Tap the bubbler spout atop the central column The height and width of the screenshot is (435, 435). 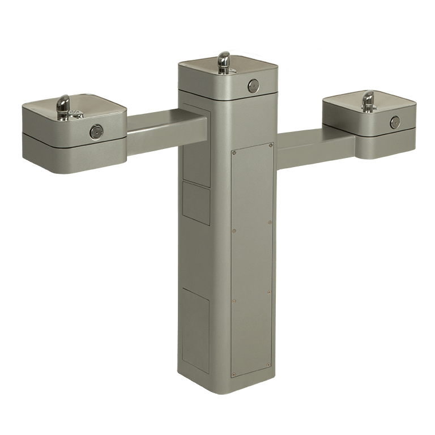coord(224,61)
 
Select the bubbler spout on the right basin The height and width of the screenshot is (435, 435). coord(369,100)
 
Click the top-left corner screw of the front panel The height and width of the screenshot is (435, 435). coord(233,151)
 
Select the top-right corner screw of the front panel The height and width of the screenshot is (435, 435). coord(271,145)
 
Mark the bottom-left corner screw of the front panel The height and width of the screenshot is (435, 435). coord(233,373)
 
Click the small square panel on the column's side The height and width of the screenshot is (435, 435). coord(196,203)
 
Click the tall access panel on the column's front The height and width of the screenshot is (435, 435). coord(252,261)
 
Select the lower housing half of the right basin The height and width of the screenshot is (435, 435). coord(385,144)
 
